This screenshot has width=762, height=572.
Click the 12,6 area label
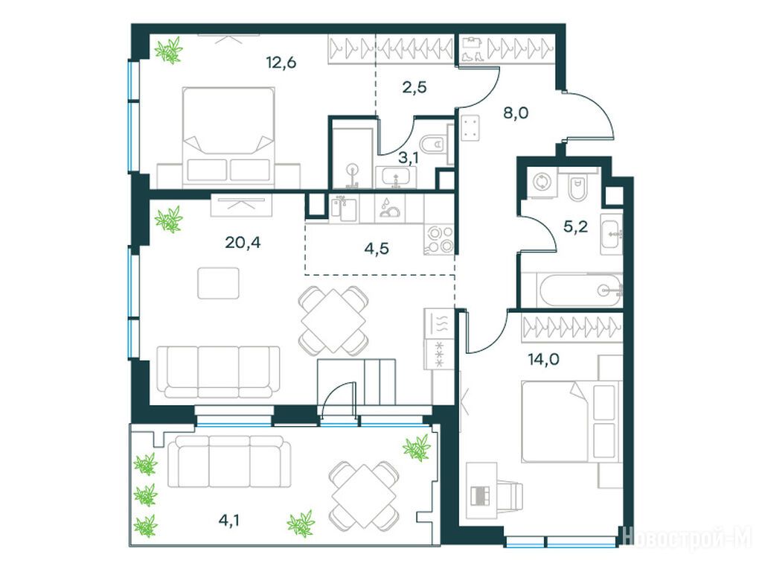pos(281,63)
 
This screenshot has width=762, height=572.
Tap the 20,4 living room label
pos(243,242)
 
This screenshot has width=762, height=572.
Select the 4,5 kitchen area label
pos(376,249)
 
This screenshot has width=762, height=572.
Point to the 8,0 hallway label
pos(516,113)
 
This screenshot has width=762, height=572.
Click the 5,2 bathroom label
pos(575,226)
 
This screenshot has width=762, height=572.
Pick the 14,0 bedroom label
pos(543,360)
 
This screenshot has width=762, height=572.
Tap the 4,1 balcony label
pos(228,521)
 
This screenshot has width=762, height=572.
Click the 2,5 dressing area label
pos(414,87)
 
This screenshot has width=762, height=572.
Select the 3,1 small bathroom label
pos(409,158)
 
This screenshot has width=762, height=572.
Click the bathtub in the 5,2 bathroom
pos(580,290)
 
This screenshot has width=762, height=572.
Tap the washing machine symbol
pos(541,183)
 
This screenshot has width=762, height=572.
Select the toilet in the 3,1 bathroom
pos(434,144)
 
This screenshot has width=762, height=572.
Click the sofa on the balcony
pos(229,461)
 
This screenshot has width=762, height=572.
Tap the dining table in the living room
pos(333,320)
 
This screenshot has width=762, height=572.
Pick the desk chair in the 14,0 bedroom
pos(507,495)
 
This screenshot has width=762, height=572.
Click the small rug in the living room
pos(218,283)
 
